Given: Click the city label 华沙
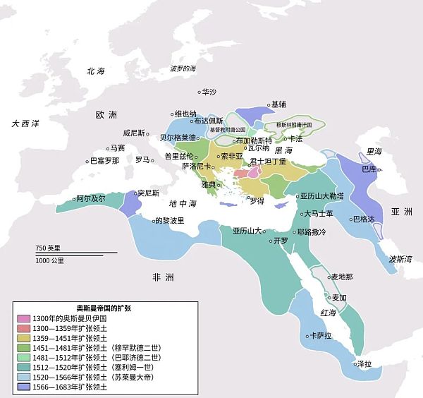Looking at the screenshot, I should tap(209, 92).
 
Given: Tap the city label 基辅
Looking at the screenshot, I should tap(278, 104).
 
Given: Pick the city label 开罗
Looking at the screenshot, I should tap(281, 241).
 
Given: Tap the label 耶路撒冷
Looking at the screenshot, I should tap(312, 231).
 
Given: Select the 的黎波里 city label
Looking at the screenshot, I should tap(169, 220).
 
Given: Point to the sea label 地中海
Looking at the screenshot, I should tap(183, 203).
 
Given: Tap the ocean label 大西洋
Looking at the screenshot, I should tap(26, 123).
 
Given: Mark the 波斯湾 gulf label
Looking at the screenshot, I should tap(400, 259).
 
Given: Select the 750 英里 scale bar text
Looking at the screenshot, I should tap(49, 248).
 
